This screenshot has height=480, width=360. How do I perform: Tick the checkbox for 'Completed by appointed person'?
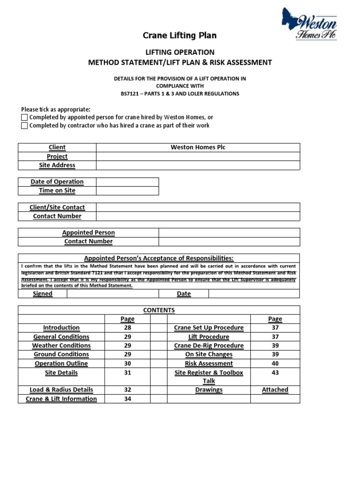24,117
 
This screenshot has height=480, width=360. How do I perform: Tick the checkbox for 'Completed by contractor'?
24,126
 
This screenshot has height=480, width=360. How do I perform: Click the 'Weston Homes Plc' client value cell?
198,147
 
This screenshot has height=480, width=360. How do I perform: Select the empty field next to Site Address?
198,165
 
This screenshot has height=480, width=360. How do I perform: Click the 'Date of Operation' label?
57,182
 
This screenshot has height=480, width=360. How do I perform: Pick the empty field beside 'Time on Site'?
127,191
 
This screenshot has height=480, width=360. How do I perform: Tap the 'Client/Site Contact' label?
57,207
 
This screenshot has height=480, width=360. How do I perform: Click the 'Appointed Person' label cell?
88,232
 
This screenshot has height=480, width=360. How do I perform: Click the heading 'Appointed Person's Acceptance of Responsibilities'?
158,258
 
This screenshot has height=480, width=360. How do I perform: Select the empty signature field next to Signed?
112,294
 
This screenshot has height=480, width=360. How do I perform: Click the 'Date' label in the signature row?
184,294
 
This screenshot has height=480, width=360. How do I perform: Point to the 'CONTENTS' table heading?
158,310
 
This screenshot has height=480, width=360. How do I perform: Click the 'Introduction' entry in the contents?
61,328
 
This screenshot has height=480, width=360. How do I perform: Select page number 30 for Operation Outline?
127,363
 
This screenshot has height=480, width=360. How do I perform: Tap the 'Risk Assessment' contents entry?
209,363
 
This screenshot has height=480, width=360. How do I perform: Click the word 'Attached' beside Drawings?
275,390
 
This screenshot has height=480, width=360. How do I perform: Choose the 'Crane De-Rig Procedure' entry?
209,345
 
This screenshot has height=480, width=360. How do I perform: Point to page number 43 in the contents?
275,372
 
